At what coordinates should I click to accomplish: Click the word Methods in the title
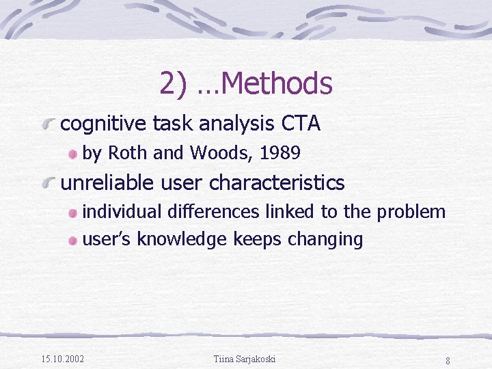click(x=277, y=84)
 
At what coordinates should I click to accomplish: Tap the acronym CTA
click(x=301, y=124)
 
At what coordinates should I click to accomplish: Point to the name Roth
click(x=128, y=154)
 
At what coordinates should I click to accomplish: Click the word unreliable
click(x=108, y=183)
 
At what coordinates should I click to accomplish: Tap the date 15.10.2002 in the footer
click(x=63, y=359)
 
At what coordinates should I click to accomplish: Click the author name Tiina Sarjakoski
click(x=245, y=359)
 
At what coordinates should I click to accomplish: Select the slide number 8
click(x=447, y=360)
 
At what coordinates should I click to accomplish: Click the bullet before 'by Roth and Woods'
click(x=72, y=154)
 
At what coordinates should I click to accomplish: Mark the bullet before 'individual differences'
click(x=72, y=213)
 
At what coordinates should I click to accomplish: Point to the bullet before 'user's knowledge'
click(x=72, y=241)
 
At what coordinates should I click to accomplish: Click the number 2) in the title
click(x=174, y=84)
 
